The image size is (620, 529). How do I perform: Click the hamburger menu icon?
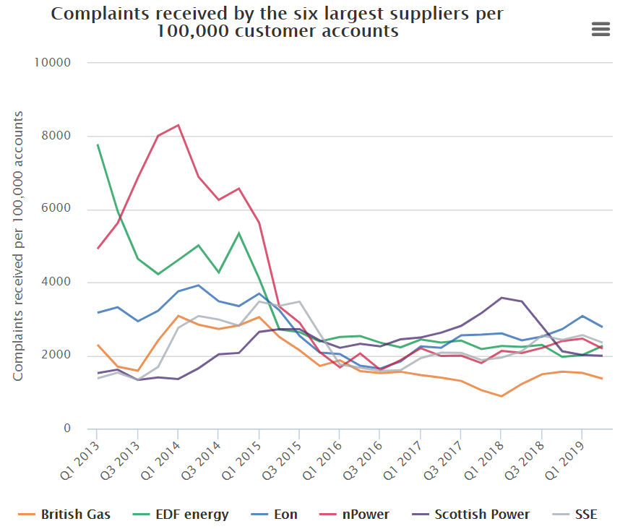tap(600, 29)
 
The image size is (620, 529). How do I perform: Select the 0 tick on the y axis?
tap(66, 429)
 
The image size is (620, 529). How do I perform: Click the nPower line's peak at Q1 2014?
tap(178, 125)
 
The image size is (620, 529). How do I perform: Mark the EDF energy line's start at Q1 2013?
tap(98, 145)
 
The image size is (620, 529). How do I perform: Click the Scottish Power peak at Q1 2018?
tap(501, 298)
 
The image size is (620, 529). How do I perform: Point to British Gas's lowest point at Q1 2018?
tap(501, 396)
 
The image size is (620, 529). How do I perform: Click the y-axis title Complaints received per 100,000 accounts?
tap(19, 246)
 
